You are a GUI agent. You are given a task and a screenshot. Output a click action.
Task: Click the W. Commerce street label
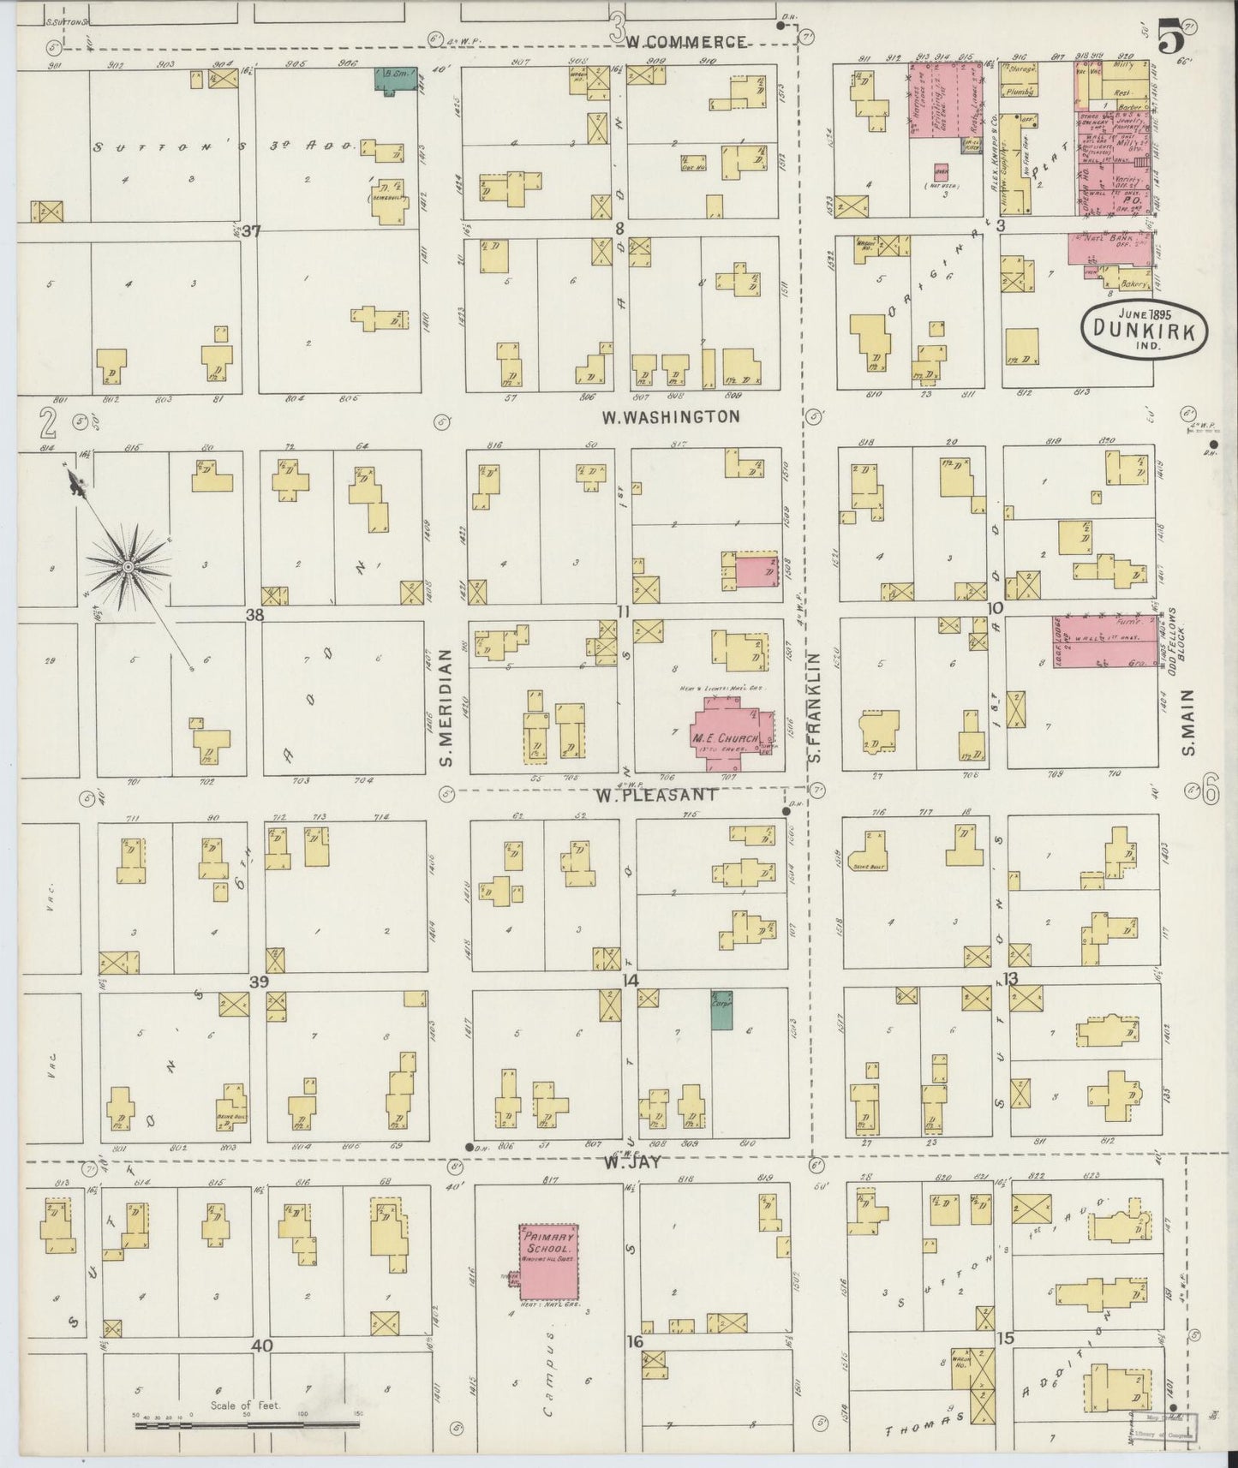click(685, 41)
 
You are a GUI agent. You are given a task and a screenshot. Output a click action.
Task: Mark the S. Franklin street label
click(815, 707)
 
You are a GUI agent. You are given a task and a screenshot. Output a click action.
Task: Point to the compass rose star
click(128, 565)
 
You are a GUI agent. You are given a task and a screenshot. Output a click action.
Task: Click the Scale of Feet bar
click(248, 1426)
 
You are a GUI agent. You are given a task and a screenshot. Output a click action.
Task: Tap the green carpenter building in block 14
click(721, 1009)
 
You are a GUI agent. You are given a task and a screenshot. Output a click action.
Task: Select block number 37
click(250, 230)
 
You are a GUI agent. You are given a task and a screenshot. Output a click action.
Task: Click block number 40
click(261, 1346)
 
